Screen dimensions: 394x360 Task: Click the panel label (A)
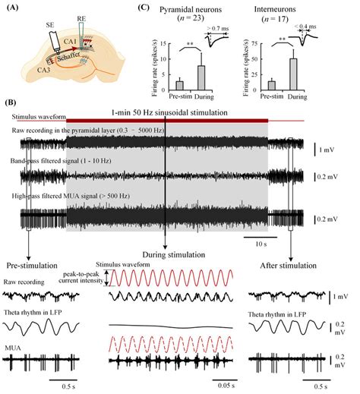point(16,8)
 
